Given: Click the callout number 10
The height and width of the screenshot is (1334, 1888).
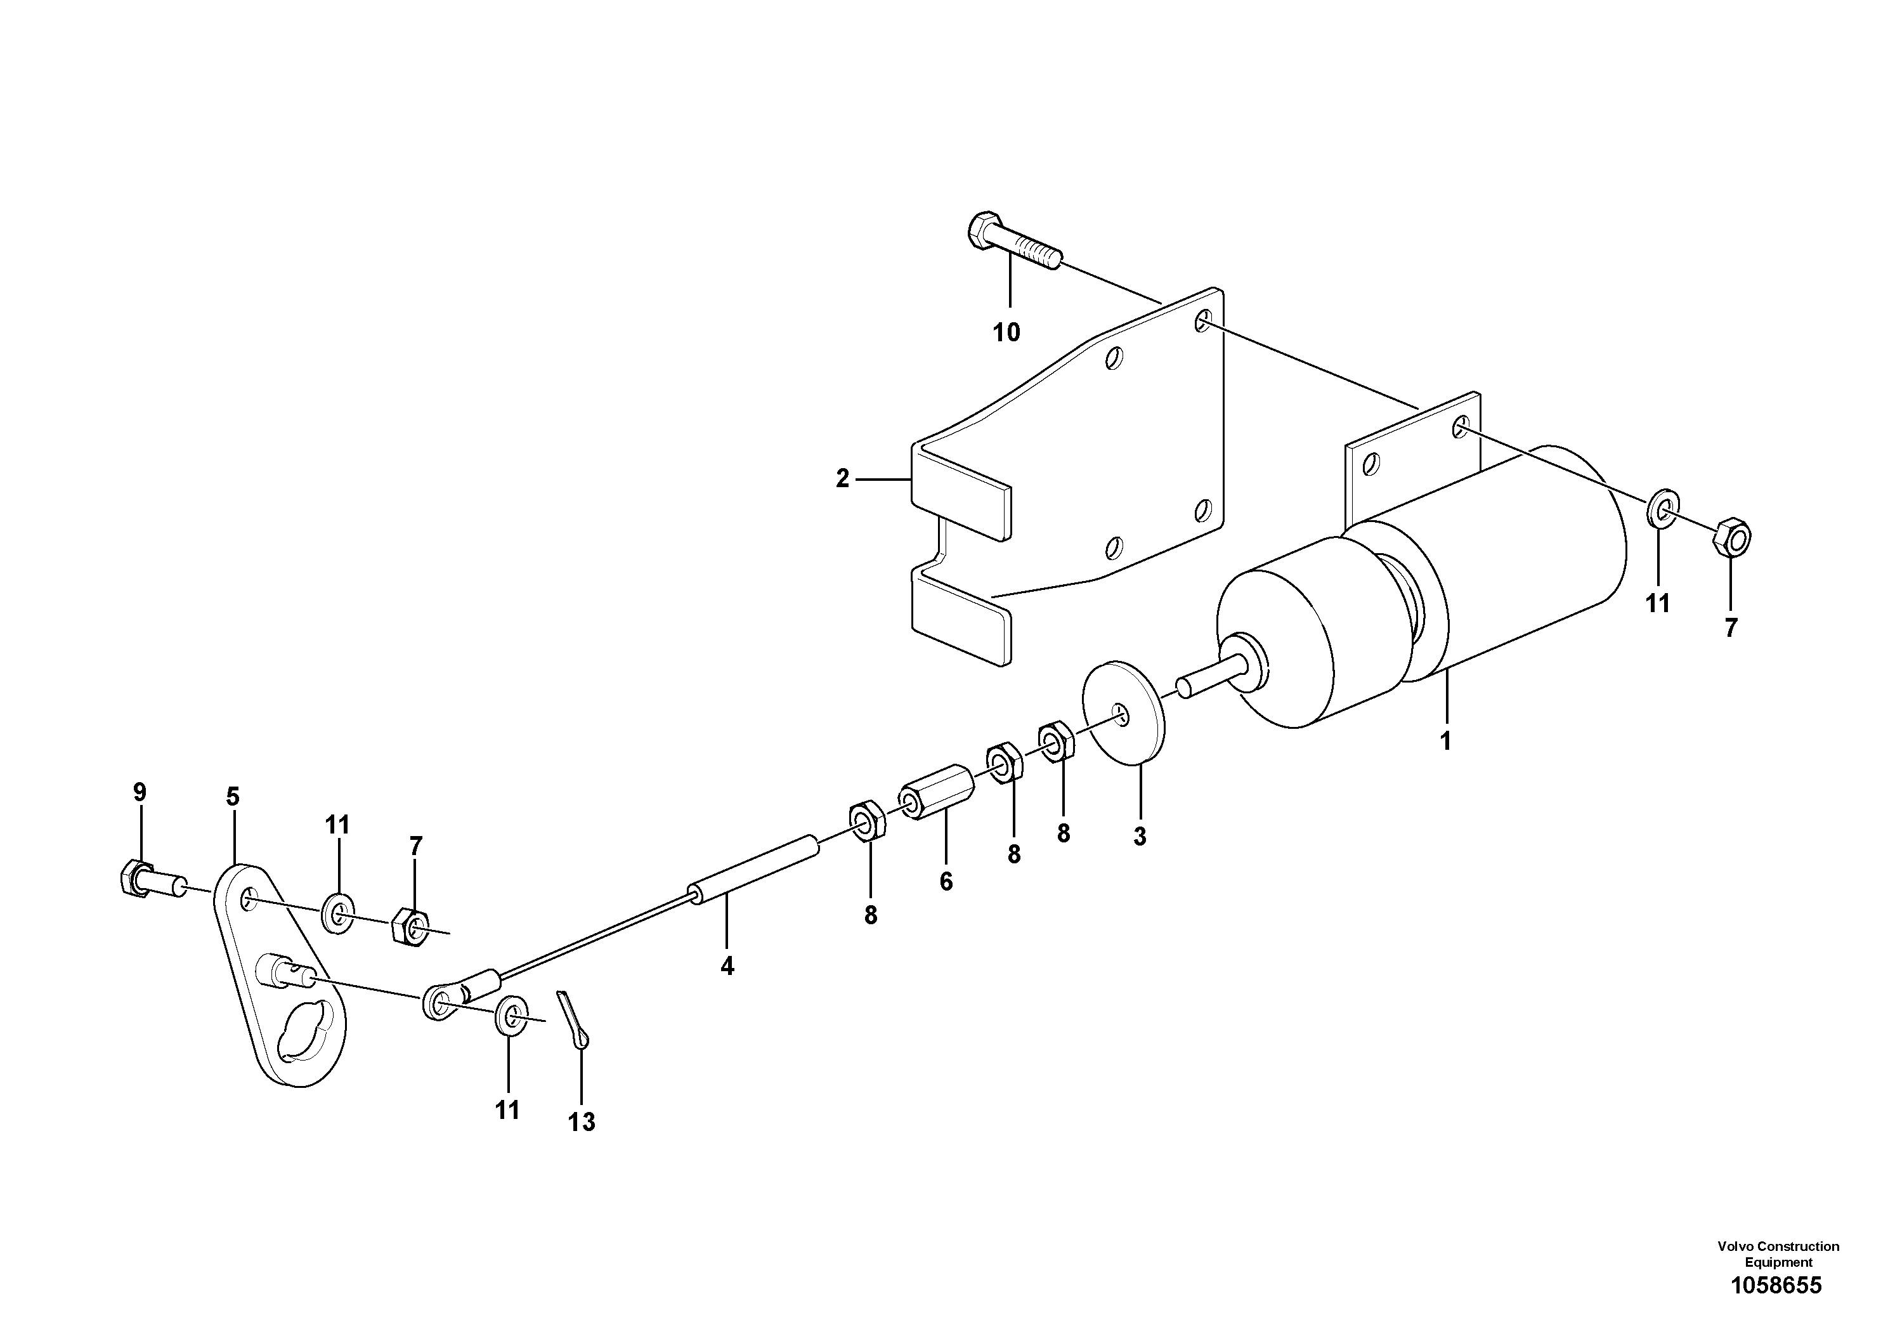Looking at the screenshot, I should [1006, 333].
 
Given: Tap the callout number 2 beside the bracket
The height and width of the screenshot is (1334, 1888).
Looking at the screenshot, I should [842, 479].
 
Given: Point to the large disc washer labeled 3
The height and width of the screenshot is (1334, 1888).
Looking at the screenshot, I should [1124, 712].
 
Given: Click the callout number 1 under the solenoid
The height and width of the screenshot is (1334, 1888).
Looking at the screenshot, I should [1445, 741].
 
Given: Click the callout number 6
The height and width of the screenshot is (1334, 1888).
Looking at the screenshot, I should [946, 882].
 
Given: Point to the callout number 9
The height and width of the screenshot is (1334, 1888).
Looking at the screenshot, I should [140, 792].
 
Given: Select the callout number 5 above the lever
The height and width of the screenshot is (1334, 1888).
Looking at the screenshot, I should [233, 796].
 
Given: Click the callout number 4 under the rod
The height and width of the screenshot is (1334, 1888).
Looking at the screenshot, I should [727, 966].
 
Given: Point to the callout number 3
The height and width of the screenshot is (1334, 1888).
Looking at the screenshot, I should [1140, 837].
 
